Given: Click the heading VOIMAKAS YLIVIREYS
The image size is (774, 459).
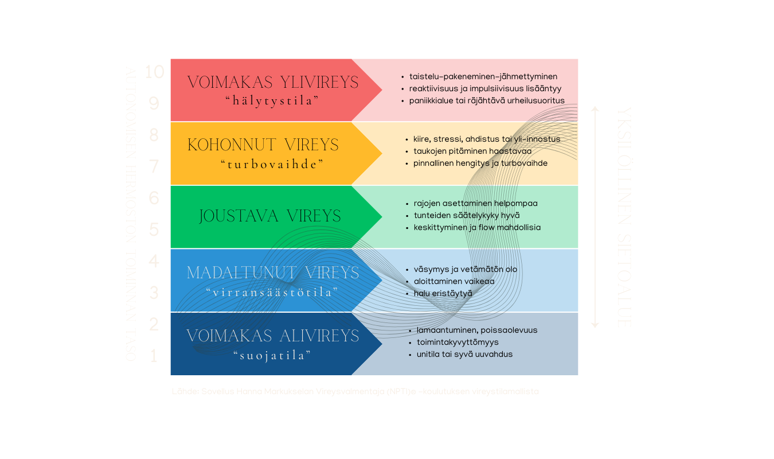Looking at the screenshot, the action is [272, 82].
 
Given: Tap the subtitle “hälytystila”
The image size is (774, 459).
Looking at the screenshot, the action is [272, 101].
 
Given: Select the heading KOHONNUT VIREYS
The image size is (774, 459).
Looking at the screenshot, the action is [263, 145].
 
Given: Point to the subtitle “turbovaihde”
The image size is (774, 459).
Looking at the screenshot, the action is [272, 164].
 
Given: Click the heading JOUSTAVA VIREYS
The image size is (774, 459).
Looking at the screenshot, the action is [270, 216].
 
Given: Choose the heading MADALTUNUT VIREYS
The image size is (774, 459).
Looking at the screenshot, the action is [273, 273].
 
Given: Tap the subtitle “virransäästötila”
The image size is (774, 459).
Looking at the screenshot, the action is [272, 292].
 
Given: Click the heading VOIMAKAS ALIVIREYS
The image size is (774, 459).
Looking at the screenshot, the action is [273, 336].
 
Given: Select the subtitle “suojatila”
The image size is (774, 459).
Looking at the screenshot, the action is [272, 356].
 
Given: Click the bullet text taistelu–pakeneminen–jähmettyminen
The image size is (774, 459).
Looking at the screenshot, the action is [483, 76].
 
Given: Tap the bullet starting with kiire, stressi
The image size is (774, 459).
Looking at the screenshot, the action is [487, 139].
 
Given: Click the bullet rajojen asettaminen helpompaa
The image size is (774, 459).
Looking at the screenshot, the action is [475, 203].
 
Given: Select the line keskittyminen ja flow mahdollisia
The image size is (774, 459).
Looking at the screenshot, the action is [477, 227].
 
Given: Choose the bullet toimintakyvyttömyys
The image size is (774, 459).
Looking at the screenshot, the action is [458, 342].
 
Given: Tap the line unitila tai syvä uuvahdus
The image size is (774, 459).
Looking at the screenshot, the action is [464, 354].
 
